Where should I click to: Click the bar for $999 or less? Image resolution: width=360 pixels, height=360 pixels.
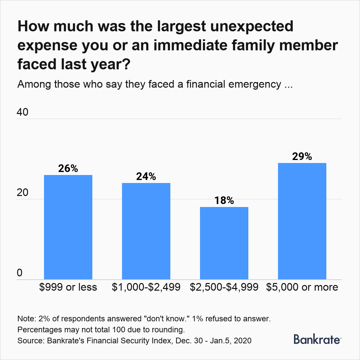(68, 227)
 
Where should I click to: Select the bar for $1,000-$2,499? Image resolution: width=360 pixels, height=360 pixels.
(146, 231)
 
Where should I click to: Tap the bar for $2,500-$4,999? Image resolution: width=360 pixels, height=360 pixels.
(224, 243)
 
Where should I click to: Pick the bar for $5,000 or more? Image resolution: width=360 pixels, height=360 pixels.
(302, 221)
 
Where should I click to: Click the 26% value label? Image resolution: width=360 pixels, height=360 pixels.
(68, 169)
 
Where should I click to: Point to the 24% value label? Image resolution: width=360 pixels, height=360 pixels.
(146, 177)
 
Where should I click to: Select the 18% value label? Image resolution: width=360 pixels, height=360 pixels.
(224, 201)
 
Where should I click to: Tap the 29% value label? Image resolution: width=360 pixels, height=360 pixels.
(302, 157)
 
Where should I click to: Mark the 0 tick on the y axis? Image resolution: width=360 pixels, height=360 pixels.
(20, 273)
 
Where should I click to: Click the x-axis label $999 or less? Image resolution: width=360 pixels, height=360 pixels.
(68, 287)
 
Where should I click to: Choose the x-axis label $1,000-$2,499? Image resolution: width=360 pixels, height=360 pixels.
(146, 287)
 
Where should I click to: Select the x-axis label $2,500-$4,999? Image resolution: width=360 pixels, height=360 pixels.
(224, 287)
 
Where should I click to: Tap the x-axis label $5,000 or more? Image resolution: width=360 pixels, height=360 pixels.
(302, 287)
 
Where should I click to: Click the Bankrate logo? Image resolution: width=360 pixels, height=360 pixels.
(317, 339)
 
